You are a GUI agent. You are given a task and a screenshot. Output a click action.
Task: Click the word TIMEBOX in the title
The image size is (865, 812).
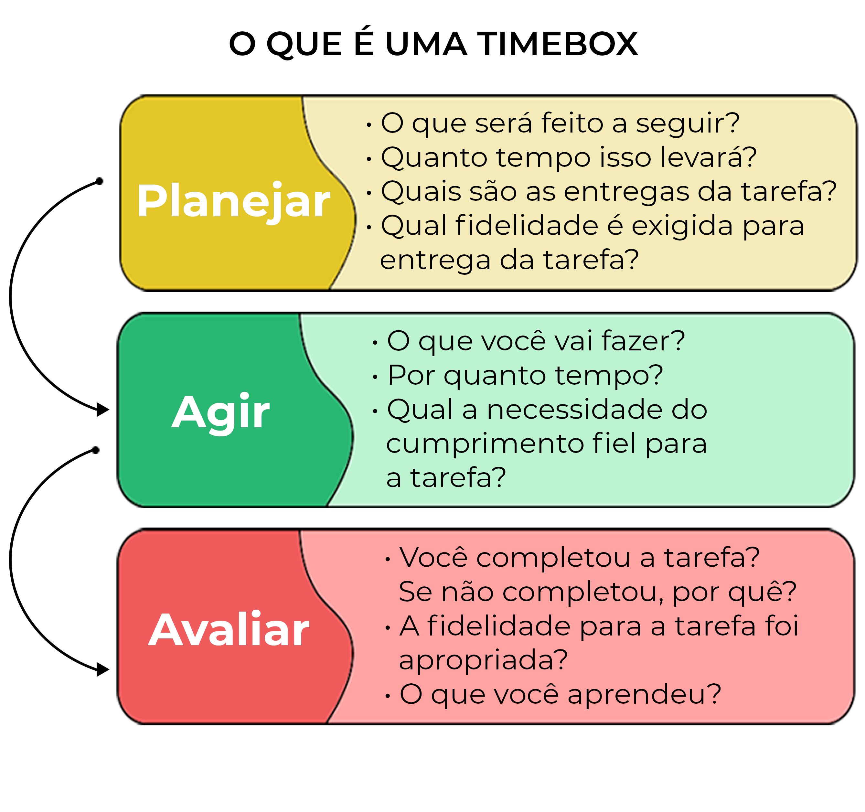click(x=558, y=44)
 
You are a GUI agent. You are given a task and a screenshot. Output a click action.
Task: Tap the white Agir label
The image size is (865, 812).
click(x=220, y=413)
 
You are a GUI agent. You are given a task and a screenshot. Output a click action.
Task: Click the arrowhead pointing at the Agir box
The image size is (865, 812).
click(x=103, y=410)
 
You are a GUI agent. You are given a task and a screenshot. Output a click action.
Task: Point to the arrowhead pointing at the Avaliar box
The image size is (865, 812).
click(x=103, y=670)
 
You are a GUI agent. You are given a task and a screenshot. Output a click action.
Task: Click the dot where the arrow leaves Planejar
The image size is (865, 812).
click(x=99, y=181)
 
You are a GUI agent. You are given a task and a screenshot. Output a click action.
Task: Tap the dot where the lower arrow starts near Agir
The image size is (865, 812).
click(x=96, y=450)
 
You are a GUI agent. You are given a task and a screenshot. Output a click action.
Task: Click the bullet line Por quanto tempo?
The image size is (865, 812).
click(x=525, y=376)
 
